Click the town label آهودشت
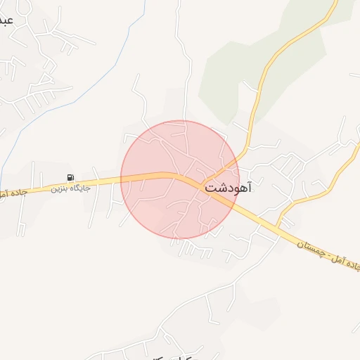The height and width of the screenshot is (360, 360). tap(228, 188)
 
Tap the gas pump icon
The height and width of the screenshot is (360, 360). tap(70, 176)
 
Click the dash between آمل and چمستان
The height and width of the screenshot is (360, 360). tap(325, 258)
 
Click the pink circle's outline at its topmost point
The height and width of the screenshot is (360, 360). tap(180, 121)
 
